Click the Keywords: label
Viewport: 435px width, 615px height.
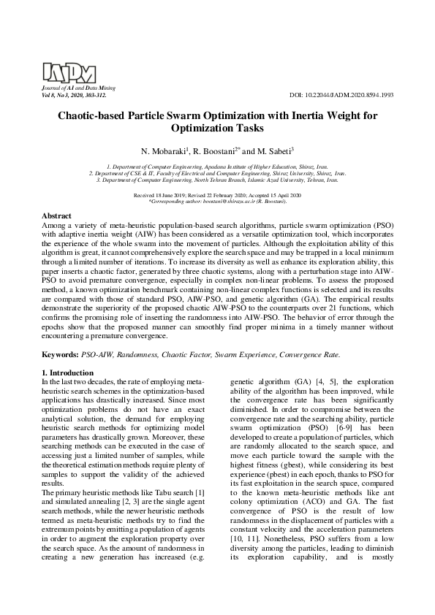pyautogui.click(x=60, y=354)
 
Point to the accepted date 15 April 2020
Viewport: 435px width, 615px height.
pyautogui.click(x=278, y=196)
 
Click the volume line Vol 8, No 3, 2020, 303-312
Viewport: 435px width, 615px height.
pyautogui.click(x=74, y=96)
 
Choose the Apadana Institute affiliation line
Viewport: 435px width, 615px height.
pyautogui.click(x=217, y=167)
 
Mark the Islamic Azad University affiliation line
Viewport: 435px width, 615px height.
pyautogui.click(x=217, y=179)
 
